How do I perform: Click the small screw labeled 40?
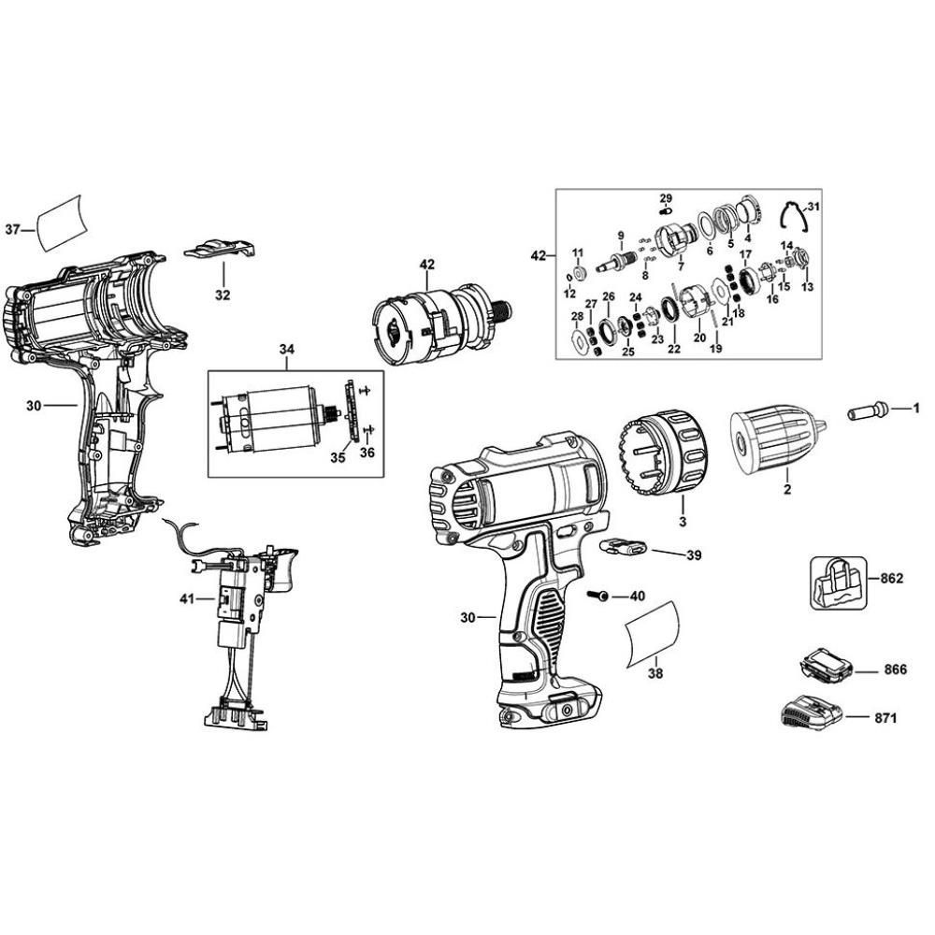(x=597, y=596)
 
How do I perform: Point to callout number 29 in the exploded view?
(x=666, y=198)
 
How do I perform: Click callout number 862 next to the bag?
(x=891, y=579)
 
